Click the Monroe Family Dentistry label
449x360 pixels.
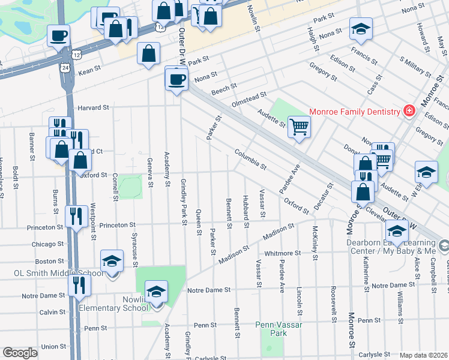point(354,112)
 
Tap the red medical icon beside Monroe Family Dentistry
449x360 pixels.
point(409,111)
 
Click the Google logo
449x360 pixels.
point(20,353)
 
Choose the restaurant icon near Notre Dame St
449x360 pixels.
point(79,286)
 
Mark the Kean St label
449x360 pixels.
point(89,71)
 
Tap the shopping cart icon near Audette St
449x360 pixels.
point(299,127)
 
